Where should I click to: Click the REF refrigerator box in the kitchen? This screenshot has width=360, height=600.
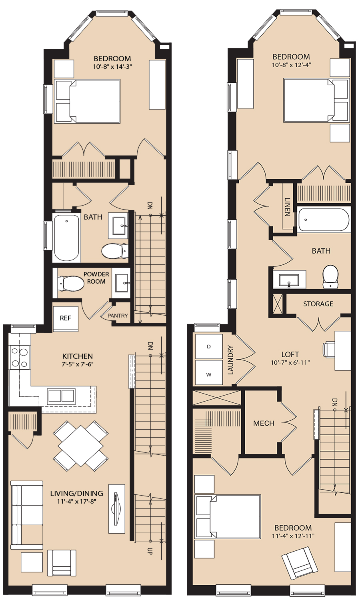pos(66,318)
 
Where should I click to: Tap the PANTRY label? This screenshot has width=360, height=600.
pos(118,316)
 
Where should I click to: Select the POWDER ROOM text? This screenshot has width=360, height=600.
pos(96,278)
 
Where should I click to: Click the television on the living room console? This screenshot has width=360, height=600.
pos(117,508)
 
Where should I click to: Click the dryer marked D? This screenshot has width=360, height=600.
pos(209,346)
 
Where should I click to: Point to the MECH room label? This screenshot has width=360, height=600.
pos(264,423)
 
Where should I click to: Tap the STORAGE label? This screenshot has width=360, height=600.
pos(318,304)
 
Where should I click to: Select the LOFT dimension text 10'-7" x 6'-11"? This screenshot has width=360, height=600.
pos(290,363)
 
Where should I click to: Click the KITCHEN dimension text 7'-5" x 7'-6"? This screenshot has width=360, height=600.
pos(78,364)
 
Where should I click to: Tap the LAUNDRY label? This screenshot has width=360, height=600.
pos(230,360)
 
